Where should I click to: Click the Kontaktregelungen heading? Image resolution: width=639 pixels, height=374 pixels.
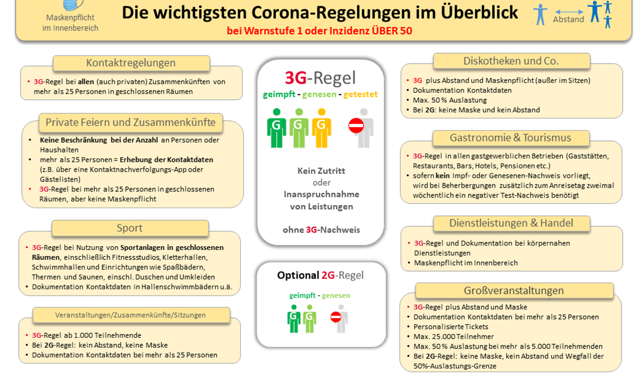(131, 63)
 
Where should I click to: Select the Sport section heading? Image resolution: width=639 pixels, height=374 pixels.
(130, 228)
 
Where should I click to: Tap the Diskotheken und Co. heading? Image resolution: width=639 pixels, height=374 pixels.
(511, 61)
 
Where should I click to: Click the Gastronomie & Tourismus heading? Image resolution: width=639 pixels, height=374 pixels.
(510, 138)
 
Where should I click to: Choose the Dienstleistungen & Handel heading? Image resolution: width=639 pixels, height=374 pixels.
(511, 223)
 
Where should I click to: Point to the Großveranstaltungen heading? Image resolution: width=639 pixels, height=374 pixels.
(514, 290)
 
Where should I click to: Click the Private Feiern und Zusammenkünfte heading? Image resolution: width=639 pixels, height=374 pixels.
(130, 122)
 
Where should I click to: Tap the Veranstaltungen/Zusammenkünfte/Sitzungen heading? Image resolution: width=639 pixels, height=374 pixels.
(130, 315)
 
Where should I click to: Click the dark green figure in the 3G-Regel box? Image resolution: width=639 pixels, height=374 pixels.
(276, 128)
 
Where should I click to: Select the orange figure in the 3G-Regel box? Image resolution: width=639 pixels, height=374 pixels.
(321, 128)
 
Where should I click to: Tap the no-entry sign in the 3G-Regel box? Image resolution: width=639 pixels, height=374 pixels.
(356, 125)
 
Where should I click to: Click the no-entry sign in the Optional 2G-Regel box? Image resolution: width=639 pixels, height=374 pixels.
(336, 317)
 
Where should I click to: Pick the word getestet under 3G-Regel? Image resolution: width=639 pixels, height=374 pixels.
(361, 94)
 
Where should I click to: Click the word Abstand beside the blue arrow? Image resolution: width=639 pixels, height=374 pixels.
(568, 19)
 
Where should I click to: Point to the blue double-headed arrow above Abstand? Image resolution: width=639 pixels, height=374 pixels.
(569, 12)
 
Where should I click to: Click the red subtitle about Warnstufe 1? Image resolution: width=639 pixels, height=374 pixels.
(319, 31)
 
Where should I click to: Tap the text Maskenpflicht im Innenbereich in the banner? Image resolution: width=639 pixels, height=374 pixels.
(71, 23)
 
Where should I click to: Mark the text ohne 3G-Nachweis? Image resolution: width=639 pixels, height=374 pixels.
(321, 230)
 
